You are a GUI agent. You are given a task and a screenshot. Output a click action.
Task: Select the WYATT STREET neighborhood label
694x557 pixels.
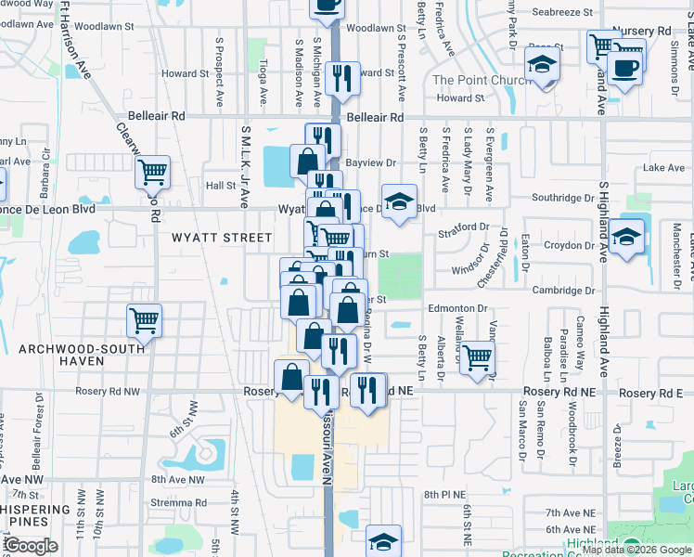click(222, 238)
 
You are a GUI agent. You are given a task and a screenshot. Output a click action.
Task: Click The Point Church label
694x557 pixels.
click(482, 80)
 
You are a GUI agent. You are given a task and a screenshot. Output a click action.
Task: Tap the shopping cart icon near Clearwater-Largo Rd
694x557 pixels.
click(152, 172)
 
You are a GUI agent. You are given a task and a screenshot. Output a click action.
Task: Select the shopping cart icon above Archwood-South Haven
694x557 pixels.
click(144, 320)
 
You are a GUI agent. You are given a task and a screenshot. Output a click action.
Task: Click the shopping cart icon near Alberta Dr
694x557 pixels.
click(477, 357)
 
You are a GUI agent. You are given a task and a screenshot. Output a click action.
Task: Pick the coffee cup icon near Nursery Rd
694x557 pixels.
click(625, 71)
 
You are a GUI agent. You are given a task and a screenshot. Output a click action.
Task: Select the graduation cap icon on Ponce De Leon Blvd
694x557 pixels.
click(399, 201)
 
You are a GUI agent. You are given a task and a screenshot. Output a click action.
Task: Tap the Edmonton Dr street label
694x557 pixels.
click(457, 308)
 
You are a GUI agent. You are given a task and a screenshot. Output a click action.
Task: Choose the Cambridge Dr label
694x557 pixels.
click(563, 291)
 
